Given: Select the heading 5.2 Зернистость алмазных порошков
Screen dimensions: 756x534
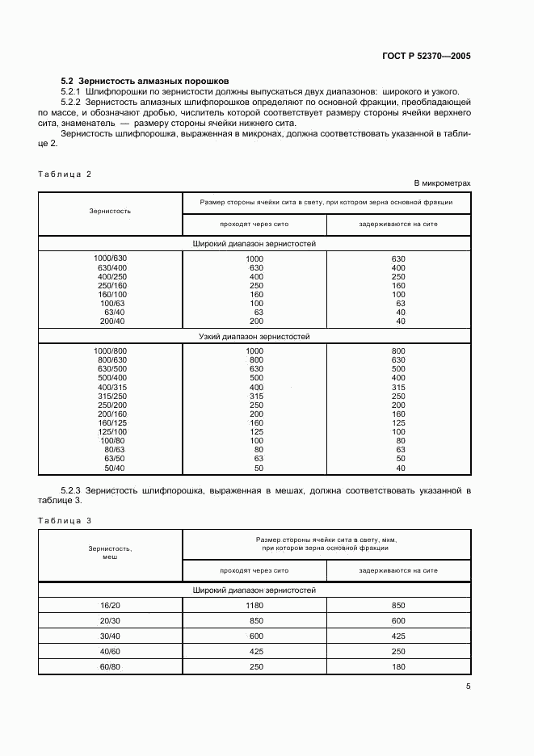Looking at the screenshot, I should pos(145,81).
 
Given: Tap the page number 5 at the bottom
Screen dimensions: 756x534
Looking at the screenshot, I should pos(468,687).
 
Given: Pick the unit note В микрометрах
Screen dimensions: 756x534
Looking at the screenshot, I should pos(442,183).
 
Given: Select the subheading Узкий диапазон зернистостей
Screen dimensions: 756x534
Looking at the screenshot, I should pos(254,336).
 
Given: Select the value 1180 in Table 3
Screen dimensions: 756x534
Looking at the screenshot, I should pos(254,605).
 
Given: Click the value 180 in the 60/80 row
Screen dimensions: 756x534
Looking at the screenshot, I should pos(399,666).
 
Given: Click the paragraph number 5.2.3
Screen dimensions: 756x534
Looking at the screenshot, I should pos(72,490).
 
